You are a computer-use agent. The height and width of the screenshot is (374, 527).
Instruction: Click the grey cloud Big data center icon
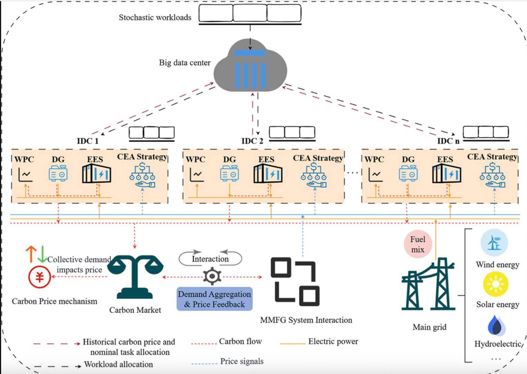coord(250,68)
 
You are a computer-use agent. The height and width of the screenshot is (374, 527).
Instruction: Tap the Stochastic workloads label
coord(155,17)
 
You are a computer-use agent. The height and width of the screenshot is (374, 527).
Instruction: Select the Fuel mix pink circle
coord(417,244)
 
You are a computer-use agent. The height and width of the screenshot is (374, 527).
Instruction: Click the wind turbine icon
coord(494,243)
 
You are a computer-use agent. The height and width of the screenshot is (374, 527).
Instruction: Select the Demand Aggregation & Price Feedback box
coord(215,299)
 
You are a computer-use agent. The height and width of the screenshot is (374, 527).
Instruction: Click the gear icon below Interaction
coord(212,276)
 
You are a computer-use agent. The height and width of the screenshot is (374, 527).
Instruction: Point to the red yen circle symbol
coord(39,277)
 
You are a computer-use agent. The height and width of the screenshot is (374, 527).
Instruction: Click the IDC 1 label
coord(87,141)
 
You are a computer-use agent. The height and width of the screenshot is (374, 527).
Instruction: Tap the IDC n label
coord(448,141)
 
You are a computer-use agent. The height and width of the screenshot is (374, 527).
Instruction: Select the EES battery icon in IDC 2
coord(268,174)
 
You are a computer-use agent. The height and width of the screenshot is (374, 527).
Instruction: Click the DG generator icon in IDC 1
coord(58,173)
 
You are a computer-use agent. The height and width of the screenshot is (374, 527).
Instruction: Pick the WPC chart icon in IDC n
coord(375,174)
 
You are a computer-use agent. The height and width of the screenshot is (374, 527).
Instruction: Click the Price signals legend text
coord(242,361)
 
